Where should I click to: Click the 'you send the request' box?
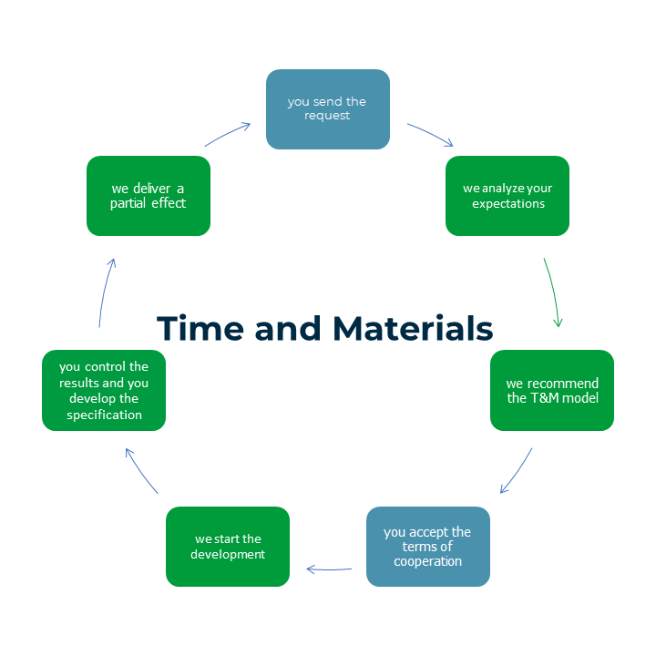tap(328, 108)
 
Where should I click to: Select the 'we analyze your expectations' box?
tap(507, 196)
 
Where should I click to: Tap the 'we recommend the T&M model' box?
tap(552, 390)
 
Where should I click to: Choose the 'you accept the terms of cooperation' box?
tap(427, 546)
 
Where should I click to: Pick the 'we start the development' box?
tap(228, 546)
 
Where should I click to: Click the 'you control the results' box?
tap(104, 390)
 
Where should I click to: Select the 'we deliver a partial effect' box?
tap(149, 196)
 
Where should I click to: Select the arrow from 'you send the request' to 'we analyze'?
tap(430, 134)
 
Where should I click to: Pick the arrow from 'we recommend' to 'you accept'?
tap(517, 470)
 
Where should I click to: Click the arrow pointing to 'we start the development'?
tap(329, 569)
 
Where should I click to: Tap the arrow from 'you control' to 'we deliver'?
tap(105, 292)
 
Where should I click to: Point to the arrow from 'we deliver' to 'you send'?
tap(228, 134)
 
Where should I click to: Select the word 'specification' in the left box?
tap(104, 415)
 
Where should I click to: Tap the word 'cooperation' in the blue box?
tap(427, 561)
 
